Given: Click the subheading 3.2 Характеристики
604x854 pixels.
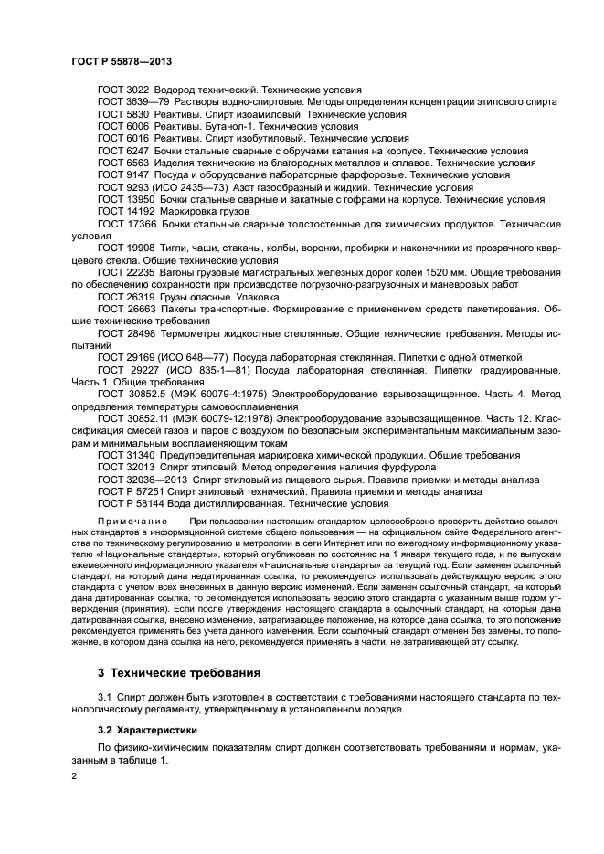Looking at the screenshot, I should tap(147, 731).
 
